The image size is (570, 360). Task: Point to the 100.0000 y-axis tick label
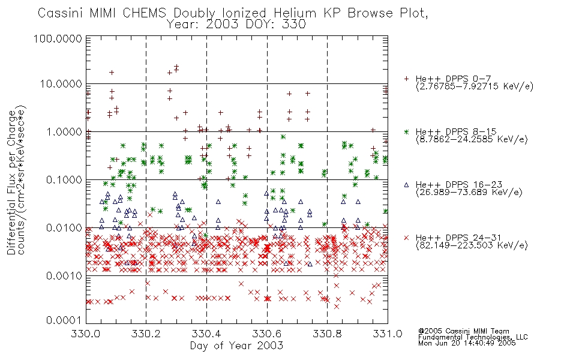(58, 38)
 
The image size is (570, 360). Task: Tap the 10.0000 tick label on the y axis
(61, 84)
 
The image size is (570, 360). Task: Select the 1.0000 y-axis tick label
(64, 131)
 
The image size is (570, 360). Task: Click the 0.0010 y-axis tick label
(64, 275)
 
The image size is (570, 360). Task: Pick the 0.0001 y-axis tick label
(64, 320)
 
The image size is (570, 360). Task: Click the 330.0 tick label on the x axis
(86, 334)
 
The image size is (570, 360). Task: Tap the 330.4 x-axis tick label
(206, 334)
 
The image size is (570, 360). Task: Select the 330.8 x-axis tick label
(327, 334)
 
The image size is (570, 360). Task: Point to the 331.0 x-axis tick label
(388, 334)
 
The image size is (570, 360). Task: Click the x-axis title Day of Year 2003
(236, 345)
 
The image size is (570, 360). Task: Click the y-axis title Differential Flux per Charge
(12, 182)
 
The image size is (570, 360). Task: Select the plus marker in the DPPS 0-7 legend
(406, 79)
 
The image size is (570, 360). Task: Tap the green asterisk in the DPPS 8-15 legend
(406, 131)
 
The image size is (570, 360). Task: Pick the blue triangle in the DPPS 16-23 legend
(406, 185)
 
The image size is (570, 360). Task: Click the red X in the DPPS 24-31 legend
(406, 238)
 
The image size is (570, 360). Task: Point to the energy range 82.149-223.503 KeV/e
(472, 245)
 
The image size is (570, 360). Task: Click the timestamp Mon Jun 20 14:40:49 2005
(467, 343)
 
